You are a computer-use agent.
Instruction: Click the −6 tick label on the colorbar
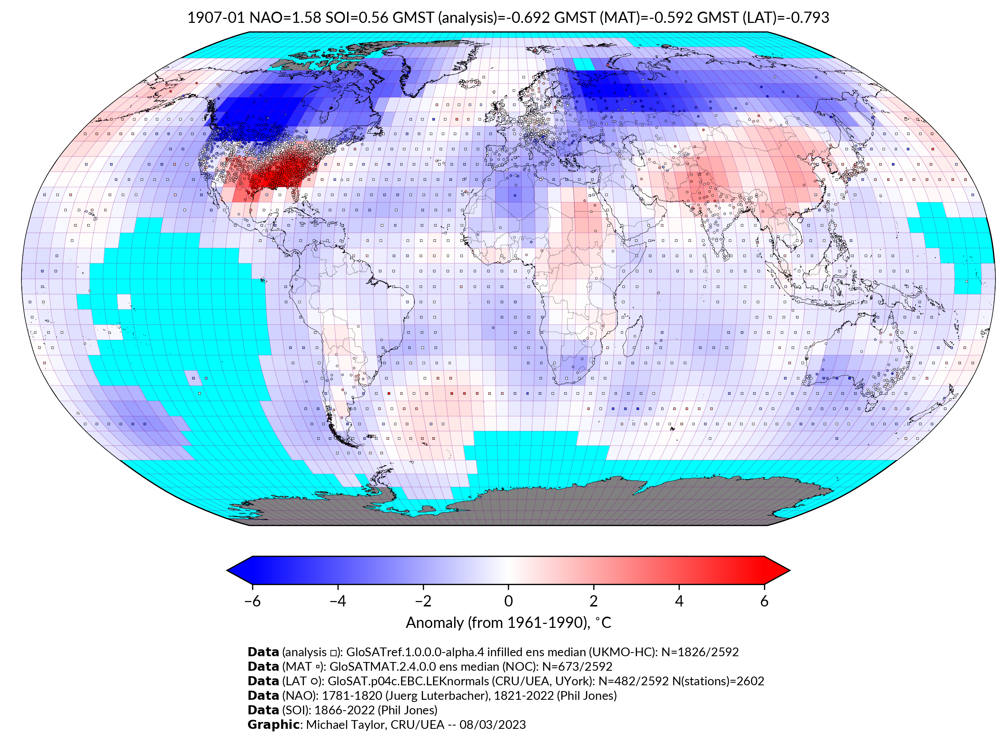coord(252,601)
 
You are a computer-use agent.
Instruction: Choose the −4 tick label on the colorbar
coord(338,601)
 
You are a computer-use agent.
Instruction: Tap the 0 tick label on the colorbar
coord(508,601)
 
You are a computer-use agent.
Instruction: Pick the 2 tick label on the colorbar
coord(594,601)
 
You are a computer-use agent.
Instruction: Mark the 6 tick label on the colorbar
coord(764,601)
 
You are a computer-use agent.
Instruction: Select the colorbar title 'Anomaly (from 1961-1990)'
coord(498,623)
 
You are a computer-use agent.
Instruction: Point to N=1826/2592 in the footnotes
coord(700,652)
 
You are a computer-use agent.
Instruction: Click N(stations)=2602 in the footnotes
coord(718,681)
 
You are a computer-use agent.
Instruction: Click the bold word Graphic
coord(273,724)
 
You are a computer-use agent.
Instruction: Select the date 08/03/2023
coord(492,724)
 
